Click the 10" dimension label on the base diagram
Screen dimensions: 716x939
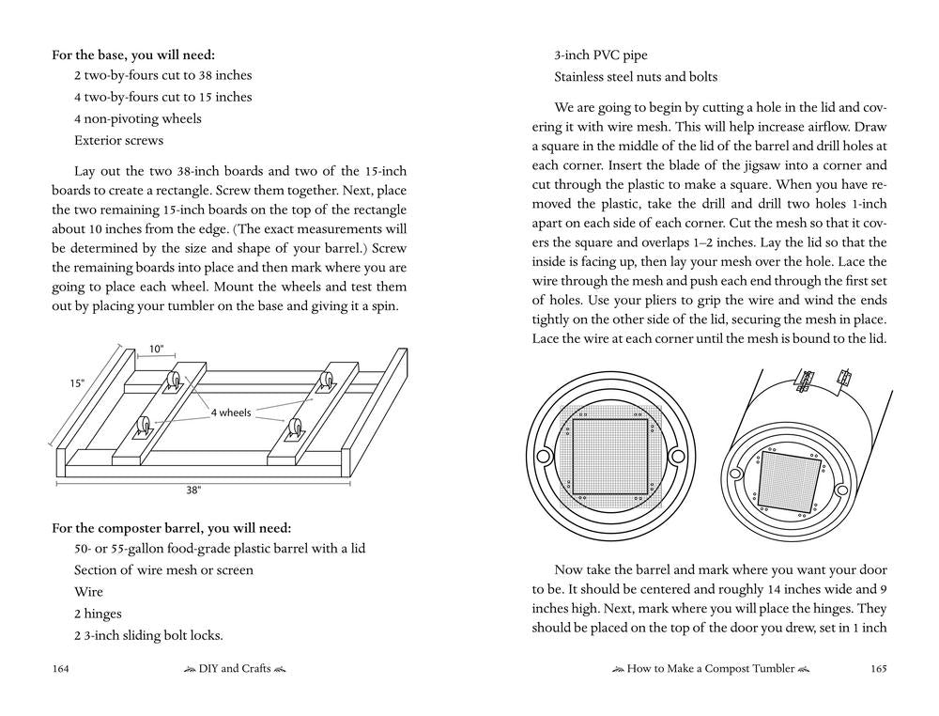click(x=156, y=350)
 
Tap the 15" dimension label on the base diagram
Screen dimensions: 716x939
click(x=77, y=383)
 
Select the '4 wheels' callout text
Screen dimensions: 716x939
click(x=229, y=412)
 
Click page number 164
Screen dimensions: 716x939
click(x=62, y=669)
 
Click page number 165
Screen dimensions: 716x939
click(x=878, y=669)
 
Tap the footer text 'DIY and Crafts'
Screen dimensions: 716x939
click(x=235, y=669)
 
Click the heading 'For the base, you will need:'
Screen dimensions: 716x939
click(x=139, y=55)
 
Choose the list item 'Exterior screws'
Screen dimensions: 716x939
click(x=119, y=140)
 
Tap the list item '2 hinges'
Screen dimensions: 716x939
click(x=98, y=614)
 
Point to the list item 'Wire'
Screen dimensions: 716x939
click(x=88, y=592)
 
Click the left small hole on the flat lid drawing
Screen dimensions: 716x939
click(x=543, y=457)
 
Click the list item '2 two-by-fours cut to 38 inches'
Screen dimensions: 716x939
click(x=163, y=75)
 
